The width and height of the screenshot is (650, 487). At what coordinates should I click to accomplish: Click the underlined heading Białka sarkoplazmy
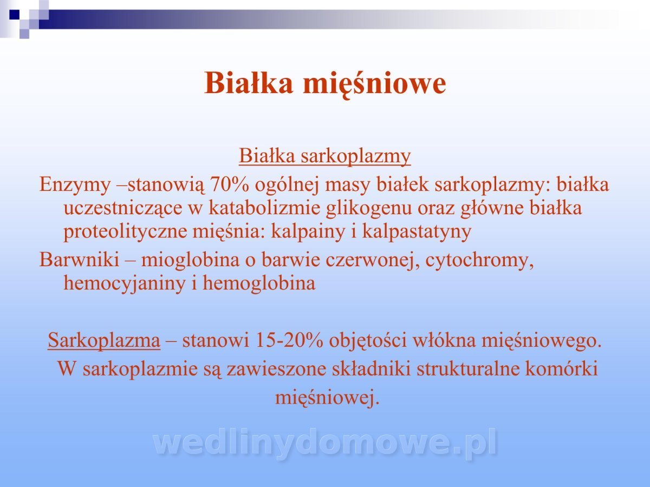pyautogui.click(x=325, y=156)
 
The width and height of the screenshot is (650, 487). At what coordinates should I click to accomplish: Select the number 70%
pyautogui.click(x=229, y=185)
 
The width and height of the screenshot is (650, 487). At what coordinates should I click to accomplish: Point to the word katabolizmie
pyautogui.click(x=264, y=208)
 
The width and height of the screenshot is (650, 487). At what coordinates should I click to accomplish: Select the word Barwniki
pyautogui.click(x=79, y=260)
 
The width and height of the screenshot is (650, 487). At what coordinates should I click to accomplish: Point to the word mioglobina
pyautogui.click(x=190, y=260)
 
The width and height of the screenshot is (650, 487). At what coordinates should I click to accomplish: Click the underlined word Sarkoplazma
pyautogui.click(x=104, y=341)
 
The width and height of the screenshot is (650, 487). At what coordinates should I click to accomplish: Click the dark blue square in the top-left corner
pyautogui.click(x=14, y=14)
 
